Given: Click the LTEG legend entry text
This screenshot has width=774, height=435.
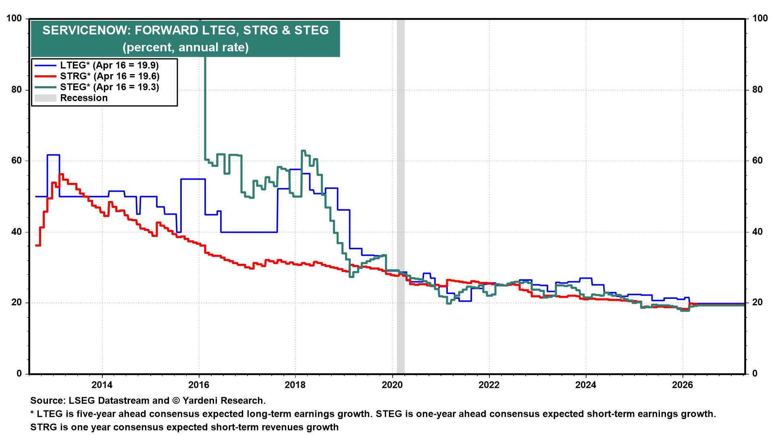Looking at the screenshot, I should [109, 65].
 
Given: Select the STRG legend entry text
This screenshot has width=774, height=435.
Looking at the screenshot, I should [110, 76].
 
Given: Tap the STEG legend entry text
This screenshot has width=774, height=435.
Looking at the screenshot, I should [110, 87].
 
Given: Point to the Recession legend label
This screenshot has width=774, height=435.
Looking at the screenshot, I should [84, 98].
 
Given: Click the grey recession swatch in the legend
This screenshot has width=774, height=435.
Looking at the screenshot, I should [45, 98].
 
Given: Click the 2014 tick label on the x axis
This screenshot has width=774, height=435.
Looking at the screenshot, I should [102, 385].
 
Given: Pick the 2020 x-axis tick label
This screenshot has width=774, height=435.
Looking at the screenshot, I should [392, 385].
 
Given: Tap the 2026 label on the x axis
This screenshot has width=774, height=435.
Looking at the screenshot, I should [682, 385].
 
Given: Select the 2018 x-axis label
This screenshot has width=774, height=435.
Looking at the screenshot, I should [295, 385].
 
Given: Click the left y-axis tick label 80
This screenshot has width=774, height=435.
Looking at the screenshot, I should [17, 90].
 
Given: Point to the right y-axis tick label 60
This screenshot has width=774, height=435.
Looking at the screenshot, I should [757, 161].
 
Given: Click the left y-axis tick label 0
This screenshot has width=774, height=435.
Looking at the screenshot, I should [19, 374].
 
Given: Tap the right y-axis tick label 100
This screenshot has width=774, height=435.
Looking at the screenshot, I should [760, 19].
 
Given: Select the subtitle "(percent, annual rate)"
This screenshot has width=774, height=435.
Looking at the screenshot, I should [185, 48].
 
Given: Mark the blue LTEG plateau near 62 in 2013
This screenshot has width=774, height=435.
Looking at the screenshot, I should [53, 155].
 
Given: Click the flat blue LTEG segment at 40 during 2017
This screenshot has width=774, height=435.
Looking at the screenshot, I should [249, 232].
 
